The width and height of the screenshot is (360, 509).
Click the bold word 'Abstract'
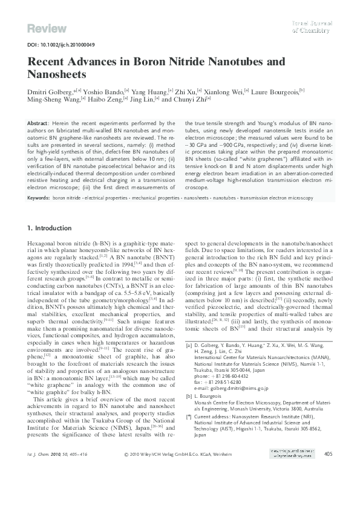tap(39, 123)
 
